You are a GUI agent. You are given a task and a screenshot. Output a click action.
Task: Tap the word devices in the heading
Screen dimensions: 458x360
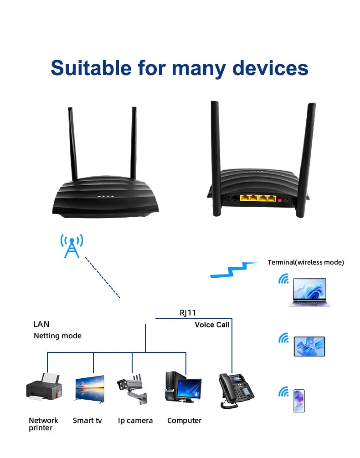click(270, 68)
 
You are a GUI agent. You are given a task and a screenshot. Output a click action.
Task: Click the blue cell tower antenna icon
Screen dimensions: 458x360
click(72, 246)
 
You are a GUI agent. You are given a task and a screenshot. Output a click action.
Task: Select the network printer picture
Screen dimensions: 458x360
click(44, 387)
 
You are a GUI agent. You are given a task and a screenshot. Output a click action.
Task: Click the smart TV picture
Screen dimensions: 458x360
click(89, 389)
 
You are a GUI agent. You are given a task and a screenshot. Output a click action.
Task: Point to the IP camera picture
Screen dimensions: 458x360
click(133, 389)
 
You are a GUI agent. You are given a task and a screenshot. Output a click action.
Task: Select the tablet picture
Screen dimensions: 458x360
click(309, 346)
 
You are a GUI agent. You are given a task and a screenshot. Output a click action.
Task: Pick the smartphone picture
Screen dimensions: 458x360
click(299, 401)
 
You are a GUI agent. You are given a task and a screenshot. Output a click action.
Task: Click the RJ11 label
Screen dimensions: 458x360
click(188, 313)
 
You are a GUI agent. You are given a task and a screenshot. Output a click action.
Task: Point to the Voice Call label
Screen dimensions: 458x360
click(212, 325)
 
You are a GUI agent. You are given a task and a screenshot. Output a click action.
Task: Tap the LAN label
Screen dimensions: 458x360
click(41, 324)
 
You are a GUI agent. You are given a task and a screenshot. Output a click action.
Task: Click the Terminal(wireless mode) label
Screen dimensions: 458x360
click(306, 262)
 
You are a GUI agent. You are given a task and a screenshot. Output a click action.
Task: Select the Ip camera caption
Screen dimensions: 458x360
click(135, 421)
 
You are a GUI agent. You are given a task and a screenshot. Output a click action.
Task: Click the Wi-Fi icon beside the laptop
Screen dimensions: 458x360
click(283, 279)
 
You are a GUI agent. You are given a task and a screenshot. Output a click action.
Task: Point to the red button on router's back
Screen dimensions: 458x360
click(279, 199)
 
